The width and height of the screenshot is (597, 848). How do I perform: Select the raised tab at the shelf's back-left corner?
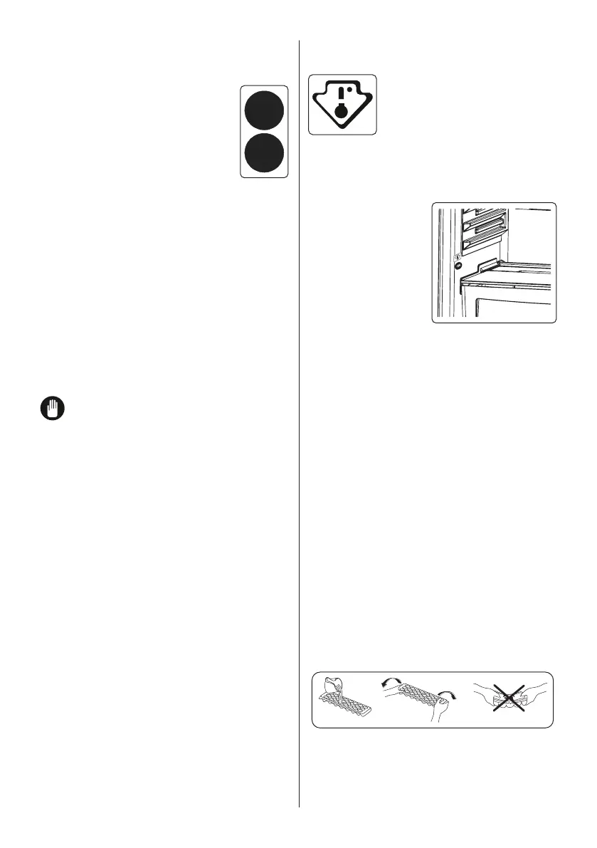485,267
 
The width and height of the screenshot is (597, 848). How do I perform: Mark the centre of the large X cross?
508,698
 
